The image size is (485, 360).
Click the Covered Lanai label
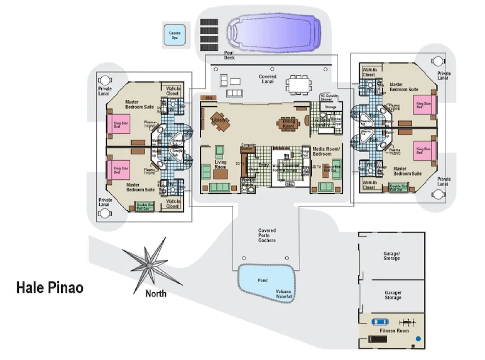[x=267, y=79]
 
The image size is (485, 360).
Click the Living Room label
[x=221, y=165]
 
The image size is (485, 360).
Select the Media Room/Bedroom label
[x=325, y=152]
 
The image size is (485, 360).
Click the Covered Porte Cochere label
[x=267, y=235]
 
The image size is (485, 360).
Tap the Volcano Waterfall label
[x=284, y=294]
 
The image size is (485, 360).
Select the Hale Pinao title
[x=50, y=288]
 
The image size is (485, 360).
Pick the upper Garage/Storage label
[x=391, y=256]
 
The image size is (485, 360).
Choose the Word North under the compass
[x=156, y=293]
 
